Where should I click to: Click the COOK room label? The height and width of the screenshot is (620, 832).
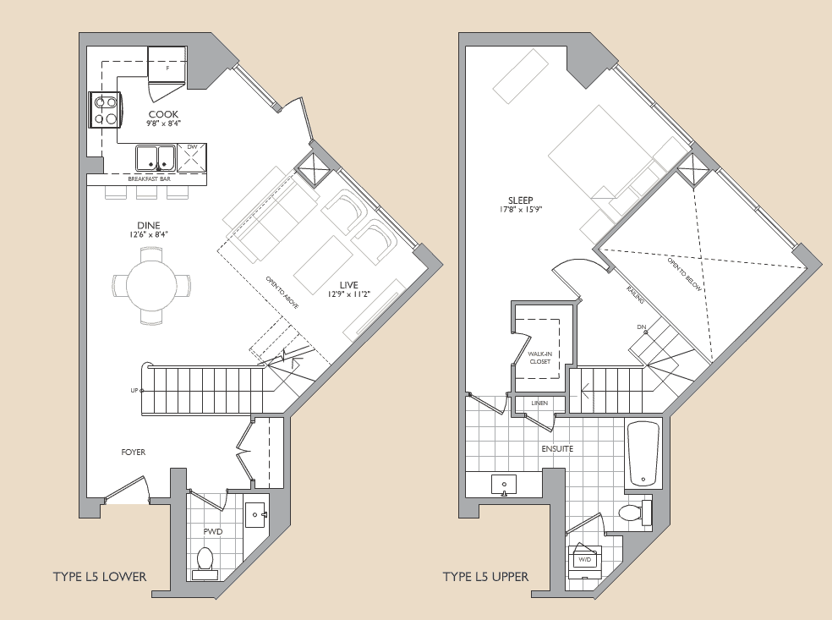(x=164, y=114)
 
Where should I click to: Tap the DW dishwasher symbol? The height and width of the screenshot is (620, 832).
(x=192, y=156)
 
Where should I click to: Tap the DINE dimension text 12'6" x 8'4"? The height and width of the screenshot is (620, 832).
(x=148, y=234)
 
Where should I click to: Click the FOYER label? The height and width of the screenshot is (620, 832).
(x=133, y=453)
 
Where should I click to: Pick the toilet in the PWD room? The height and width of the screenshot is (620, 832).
(x=205, y=560)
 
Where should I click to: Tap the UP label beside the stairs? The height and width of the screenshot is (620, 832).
(x=133, y=390)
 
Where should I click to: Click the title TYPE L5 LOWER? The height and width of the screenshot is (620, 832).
(x=100, y=577)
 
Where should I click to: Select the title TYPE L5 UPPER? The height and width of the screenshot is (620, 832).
(x=485, y=577)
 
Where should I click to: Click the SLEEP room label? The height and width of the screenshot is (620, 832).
(x=514, y=200)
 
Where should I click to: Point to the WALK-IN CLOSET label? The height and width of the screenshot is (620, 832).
(x=539, y=357)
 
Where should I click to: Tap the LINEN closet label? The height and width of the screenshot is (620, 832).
(x=539, y=403)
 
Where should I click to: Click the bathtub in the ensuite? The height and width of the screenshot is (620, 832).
(x=643, y=454)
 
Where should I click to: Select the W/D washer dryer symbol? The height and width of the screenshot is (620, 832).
(x=584, y=559)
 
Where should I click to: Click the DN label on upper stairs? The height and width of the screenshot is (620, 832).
(x=641, y=327)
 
